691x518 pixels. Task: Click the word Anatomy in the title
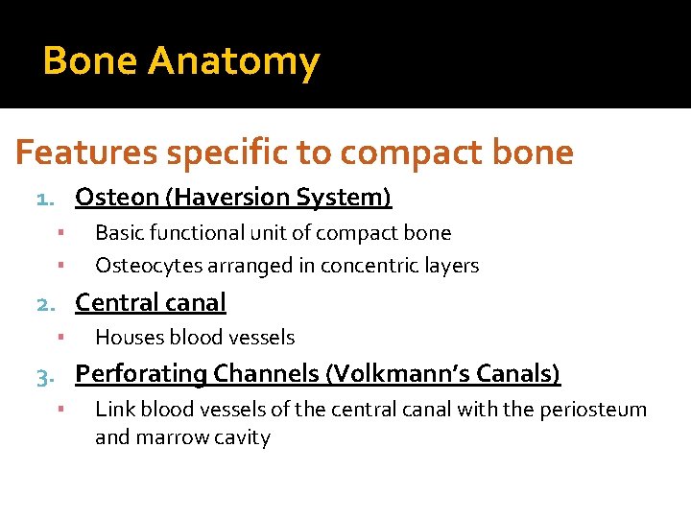pyautogui.click(x=233, y=62)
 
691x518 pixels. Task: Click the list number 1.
pyautogui.click(x=44, y=199)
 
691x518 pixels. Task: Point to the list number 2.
pyautogui.click(x=44, y=304)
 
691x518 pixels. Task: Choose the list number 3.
pyautogui.click(x=44, y=375)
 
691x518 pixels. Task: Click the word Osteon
pyautogui.click(x=117, y=198)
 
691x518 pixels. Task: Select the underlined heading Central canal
pyautogui.click(x=151, y=303)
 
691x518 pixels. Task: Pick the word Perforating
pyautogui.click(x=141, y=374)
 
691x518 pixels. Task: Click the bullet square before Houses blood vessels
pyautogui.click(x=60, y=338)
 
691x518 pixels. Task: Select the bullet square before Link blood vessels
pyautogui.click(x=60, y=410)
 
